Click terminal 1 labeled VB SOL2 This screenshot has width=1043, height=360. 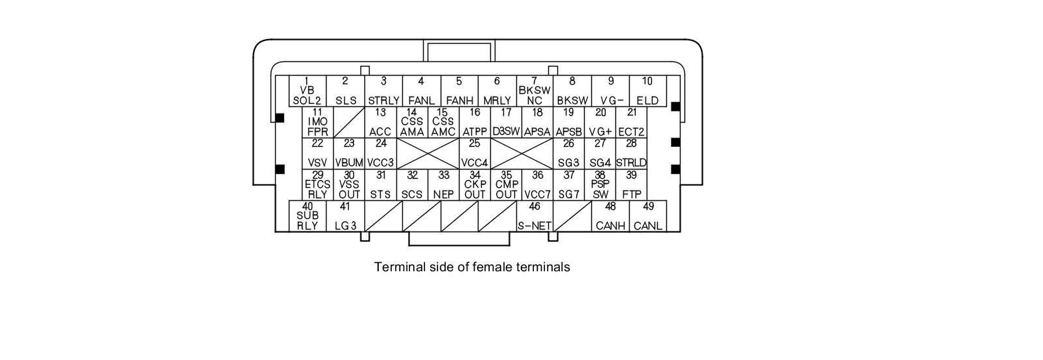pyautogui.click(x=307, y=91)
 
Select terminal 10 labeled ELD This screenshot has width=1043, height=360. pyautogui.click(x=647, y=91)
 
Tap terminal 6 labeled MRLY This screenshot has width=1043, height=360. pyautogui.click(x=497, y=91)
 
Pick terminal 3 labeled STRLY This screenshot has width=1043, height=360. pyautogui.click(x=383, y=91)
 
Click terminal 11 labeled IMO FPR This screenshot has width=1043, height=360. pyautogui.click(x=317, y=122)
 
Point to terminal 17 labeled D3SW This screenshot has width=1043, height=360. pyautogui.click(x=506, y=122)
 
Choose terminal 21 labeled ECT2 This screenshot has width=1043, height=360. pyautogui.click(x=632, y=122)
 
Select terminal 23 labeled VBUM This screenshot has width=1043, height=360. pyautogui.click(x=349, y=153)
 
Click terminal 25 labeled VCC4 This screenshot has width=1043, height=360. pyautogui.click(x=475, y=153)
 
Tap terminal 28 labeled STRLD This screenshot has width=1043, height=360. pyautogui.click(x=631, y=153)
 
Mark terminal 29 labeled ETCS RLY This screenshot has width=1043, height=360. pyautogui.click(x=317, y=185)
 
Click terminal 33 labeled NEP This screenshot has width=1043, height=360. pyautogui.click(x=443, y=185)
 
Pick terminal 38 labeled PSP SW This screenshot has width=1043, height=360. pyautogui.click(x=600, y=185)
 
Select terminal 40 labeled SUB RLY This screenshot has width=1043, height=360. pyautogui.click(x=307, y=216)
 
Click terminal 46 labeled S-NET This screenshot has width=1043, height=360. pyautogui.click(x=535, y=216)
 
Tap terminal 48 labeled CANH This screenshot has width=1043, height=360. pyautogui.click(x=610, y=216)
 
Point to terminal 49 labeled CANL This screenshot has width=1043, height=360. pyautogui.click(x=648, y=216)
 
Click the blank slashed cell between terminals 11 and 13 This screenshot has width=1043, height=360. pyautogui.click(x=349, y=122)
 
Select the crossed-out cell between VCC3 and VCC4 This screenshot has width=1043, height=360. pyautogui.click(x=428, y=153)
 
